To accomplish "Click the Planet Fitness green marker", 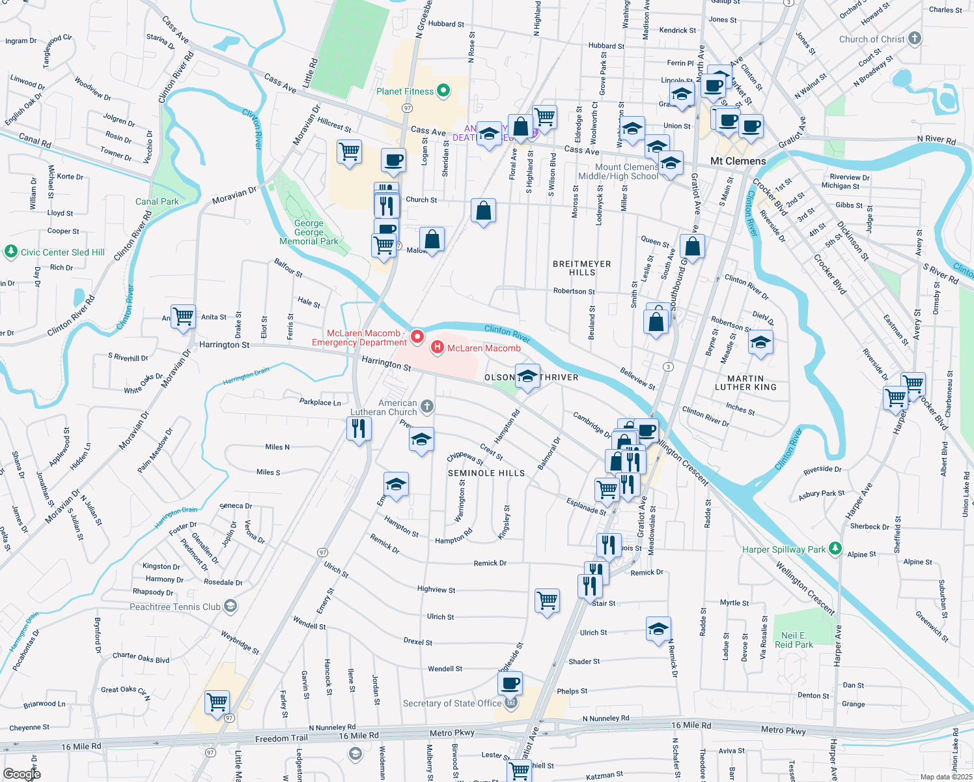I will tap(443, 91).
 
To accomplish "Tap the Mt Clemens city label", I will tap(738, 161).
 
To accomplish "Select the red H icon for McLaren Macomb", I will tap(438, 348).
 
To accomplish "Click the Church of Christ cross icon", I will tap(915, 38).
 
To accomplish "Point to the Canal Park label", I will tap(157, 201).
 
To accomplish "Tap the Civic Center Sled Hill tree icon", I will tap(10, 252).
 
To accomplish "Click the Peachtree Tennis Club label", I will tap(175, 607).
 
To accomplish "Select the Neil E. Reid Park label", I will tap(794, 640).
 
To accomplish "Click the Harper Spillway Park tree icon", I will tap(835, 549).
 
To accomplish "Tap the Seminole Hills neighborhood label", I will tap(486, 473).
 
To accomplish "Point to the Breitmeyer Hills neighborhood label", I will tap(582, 268).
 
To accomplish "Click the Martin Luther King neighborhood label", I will tap(745, 383).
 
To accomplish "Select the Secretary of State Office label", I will tap(452, 703).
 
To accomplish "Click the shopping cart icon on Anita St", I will tap(184, 317).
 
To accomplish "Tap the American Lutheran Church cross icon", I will tap(427, 407).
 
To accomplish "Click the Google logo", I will tap(21, 774).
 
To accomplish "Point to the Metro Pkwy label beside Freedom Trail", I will tap(452, 733).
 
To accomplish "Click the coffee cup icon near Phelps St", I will tap(510, 683).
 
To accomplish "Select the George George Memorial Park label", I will tap(309, 232).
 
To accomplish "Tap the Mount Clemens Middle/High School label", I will tap(618, 171).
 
